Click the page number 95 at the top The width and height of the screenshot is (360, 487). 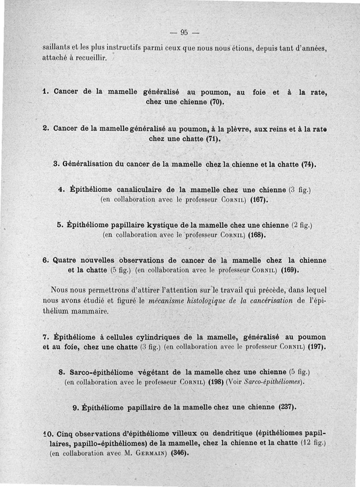click(184, 32)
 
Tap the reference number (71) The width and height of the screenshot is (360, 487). click(214, 139)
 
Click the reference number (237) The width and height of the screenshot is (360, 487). click(286, 407)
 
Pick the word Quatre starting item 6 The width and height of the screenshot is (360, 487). click(65, 261)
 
